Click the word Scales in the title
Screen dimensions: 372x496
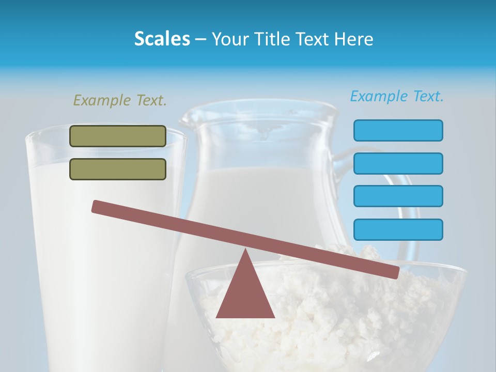pos(162,39)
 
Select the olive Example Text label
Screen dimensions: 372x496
pos(120,100)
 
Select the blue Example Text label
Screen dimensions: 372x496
pos(397,96)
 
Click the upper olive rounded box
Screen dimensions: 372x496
pos(118,136)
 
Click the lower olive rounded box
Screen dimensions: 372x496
pos(118,169)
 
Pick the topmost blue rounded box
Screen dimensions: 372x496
pos(398,130)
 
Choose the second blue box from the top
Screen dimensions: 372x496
pos(398,163)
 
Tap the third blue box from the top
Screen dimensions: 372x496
pos(398,196)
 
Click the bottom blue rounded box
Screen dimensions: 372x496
pos(398,229)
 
